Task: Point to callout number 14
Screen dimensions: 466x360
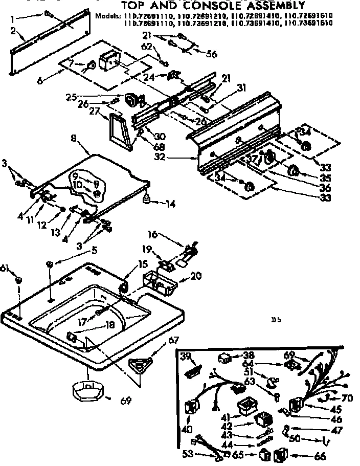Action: [x=170, y=204]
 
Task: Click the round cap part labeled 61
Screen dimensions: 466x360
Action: [x=18, y=280]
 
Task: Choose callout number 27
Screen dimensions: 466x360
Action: [x=95, y=110]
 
